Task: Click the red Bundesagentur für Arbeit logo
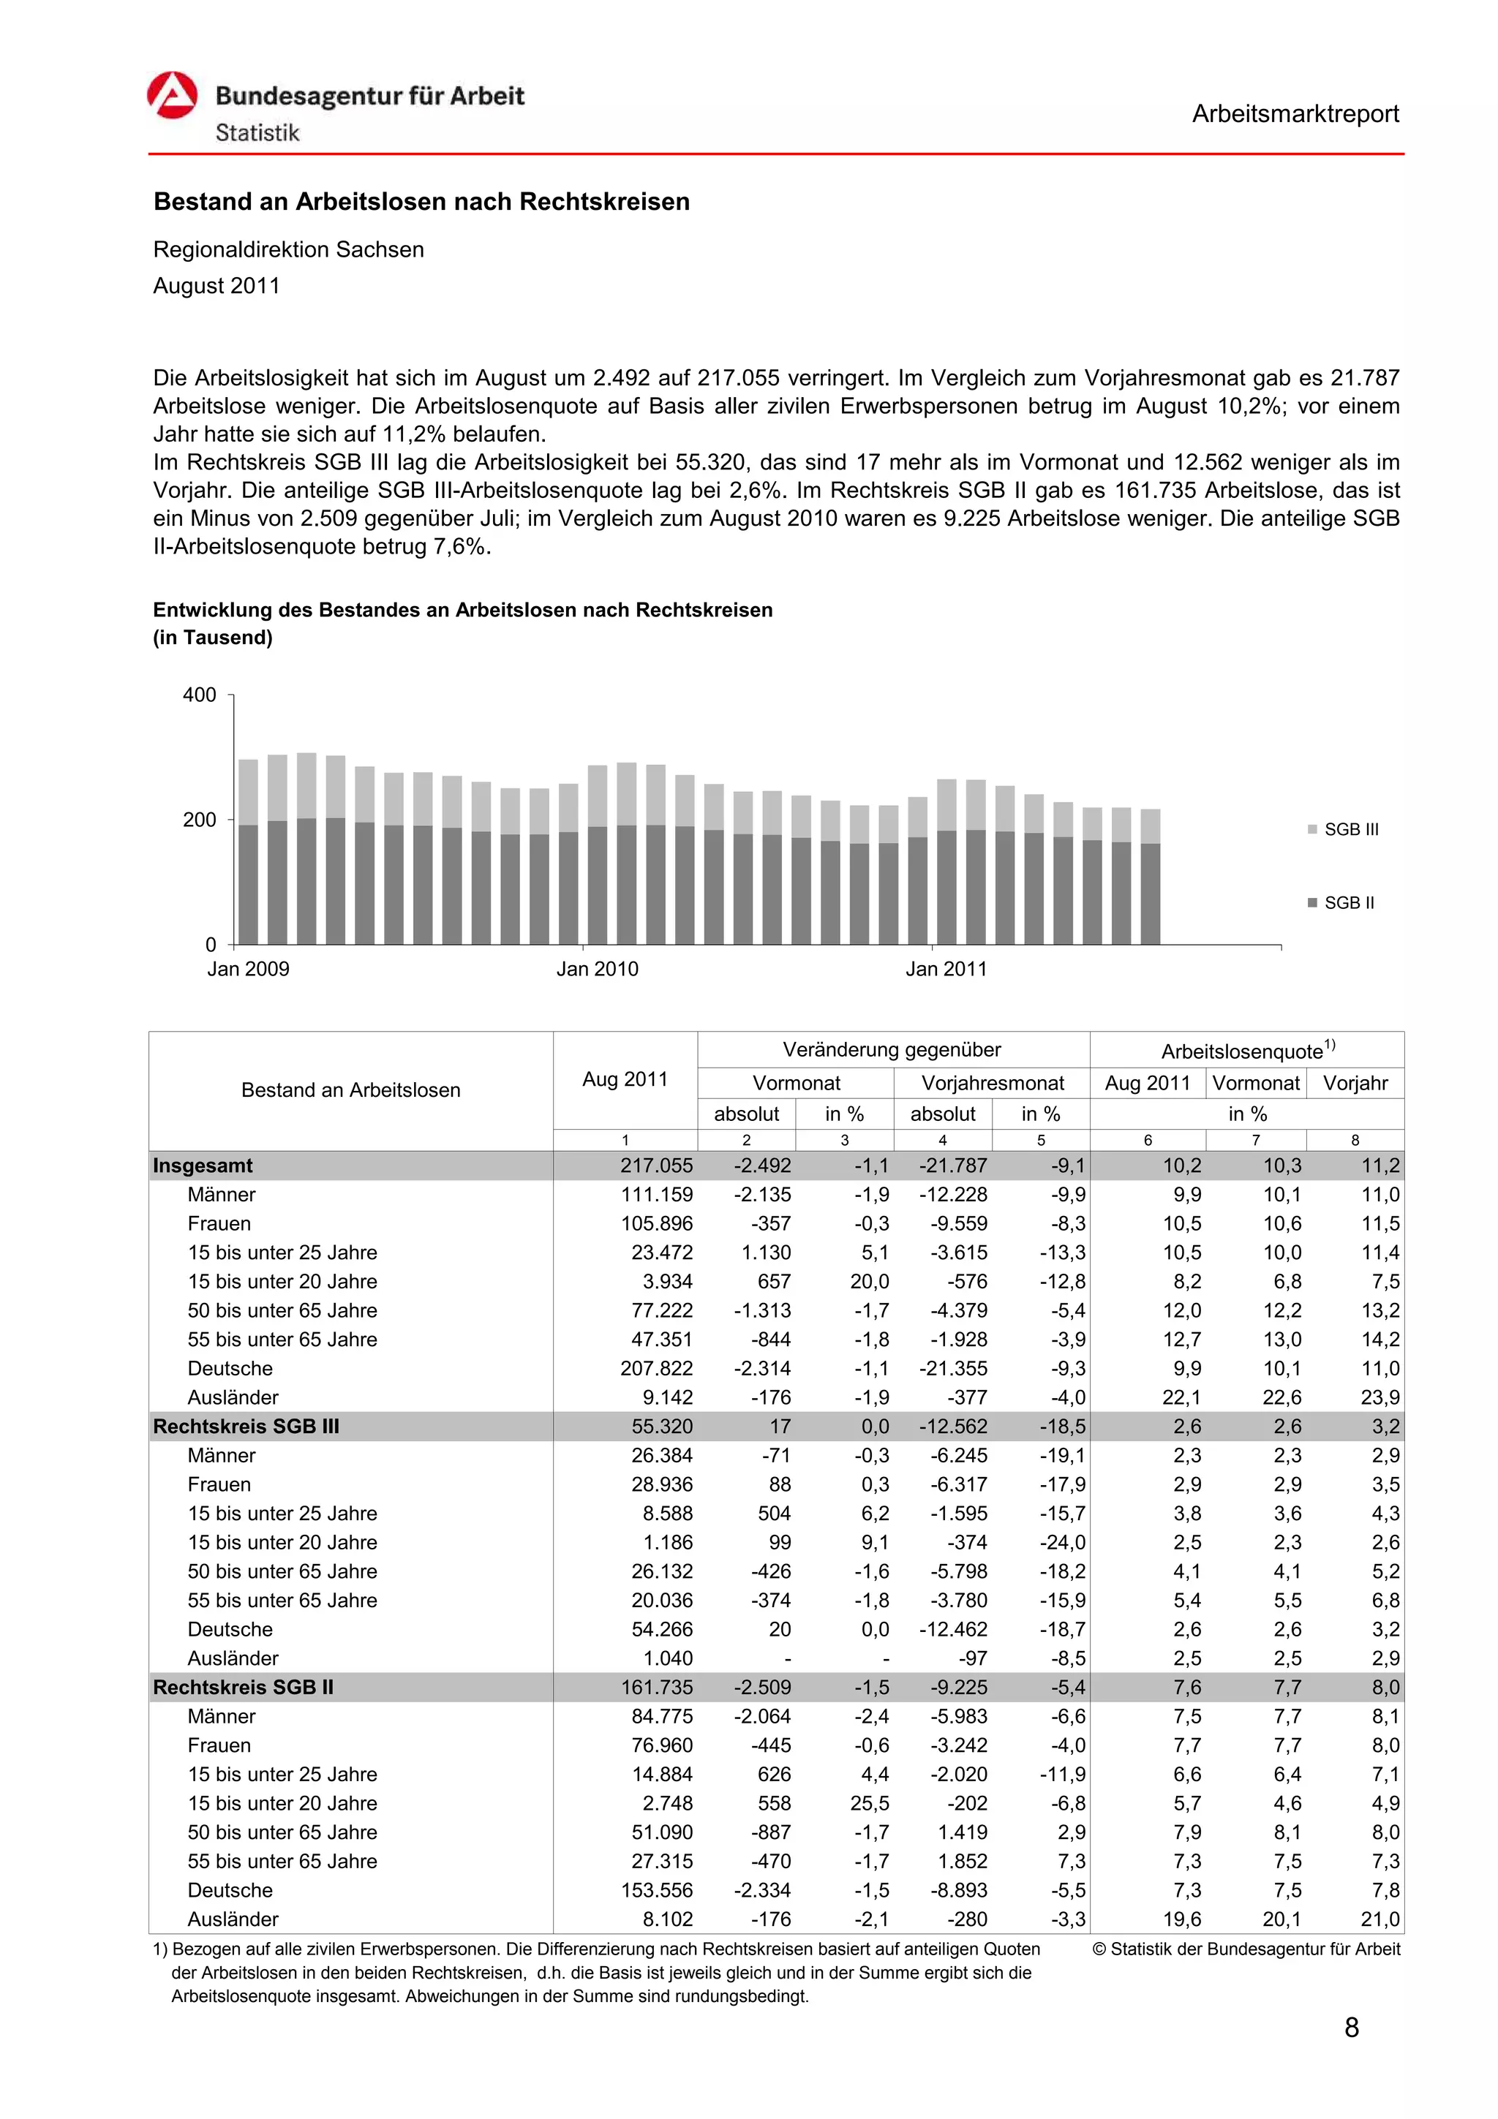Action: click(173, 95)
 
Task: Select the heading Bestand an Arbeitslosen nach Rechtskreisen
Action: click(421, 201)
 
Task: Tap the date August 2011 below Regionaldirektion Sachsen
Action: click(216, 286)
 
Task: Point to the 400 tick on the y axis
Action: click(200, 695)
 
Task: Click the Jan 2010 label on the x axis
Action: click(596, 969)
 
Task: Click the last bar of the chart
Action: click(1150, 877)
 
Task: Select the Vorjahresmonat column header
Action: click(993, 1083)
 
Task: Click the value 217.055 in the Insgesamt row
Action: click(656, 1166)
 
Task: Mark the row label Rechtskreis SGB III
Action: click(246, 1426)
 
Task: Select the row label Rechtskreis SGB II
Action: click(244, 1687)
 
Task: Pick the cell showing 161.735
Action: click(656, 1687)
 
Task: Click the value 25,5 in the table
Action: click(870, 1803)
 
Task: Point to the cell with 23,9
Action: click(1379, 1397)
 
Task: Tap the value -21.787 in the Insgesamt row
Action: click(952, 1166)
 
